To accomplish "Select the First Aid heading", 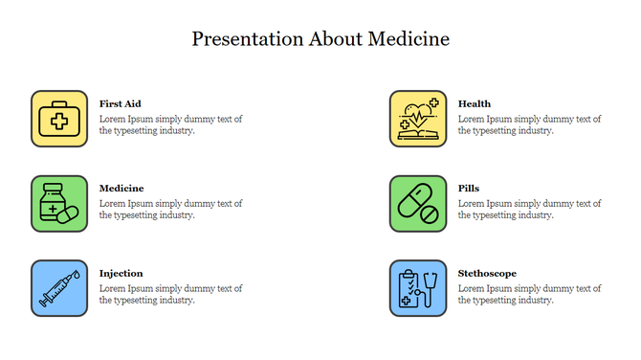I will tap(121, 103).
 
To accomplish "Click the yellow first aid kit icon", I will tap(59, 119).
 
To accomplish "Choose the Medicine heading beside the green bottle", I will tap(122, 189).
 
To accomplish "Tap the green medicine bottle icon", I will tap(59, 203).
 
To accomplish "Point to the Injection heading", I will tap(122, 273).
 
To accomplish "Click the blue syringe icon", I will tap(59, 288).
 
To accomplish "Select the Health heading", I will tap(475, 103).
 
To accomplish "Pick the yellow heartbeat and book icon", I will tap(418, 119).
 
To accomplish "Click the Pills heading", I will tap(469, 189).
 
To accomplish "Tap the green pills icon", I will tap(418, 203).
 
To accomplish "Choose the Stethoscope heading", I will tap(487, 273).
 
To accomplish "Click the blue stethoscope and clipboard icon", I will tap(418, 288).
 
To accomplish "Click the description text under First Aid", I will tap(170, 125).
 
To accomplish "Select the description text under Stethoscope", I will tap(529, 294).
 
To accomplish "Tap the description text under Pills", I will tap(529, 210).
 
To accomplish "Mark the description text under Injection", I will tap(170, 294).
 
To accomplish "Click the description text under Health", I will tap(529, 125).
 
